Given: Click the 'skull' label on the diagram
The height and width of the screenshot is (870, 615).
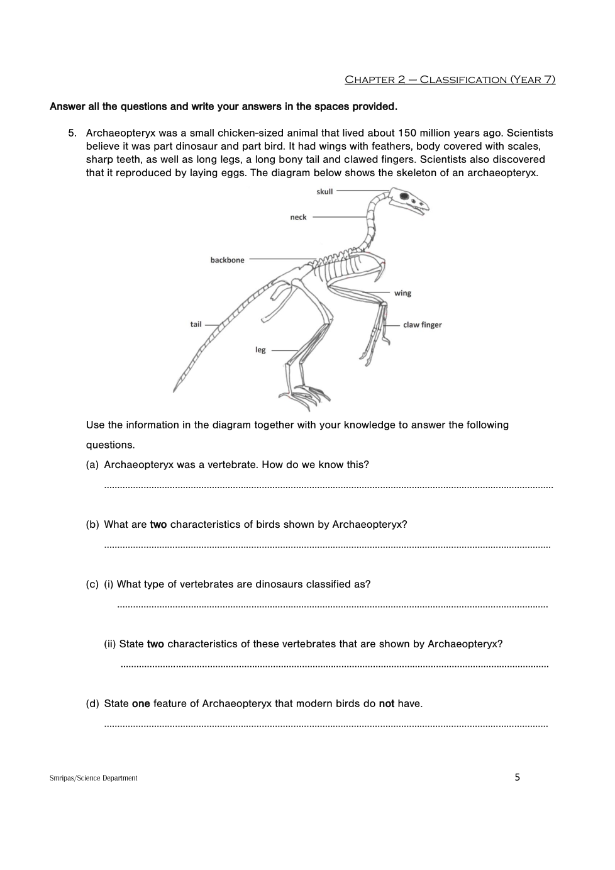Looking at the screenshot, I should pos(324,191).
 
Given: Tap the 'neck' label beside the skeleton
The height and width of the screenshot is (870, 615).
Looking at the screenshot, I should pos(298,217).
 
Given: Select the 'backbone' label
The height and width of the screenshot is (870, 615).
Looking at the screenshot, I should pos(227,260).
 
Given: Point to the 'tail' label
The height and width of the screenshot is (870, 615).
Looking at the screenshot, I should pos(196,324).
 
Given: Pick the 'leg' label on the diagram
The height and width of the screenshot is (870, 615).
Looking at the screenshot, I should pos(260,350).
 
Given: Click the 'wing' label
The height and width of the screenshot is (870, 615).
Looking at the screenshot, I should pos(402,293).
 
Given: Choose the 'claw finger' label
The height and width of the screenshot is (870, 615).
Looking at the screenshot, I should pos(422,325).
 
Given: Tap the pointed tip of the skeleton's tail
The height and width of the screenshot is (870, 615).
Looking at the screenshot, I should pos(174,391).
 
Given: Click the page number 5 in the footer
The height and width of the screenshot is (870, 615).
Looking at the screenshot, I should pos(517,777).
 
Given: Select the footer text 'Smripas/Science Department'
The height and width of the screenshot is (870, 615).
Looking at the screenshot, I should pos(93,778).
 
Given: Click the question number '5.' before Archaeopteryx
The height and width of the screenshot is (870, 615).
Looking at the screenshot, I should pos(73,133).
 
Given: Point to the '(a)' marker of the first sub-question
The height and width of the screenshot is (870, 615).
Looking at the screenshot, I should pos(92,464).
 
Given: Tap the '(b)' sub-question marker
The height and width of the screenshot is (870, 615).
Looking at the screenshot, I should pos(92,524).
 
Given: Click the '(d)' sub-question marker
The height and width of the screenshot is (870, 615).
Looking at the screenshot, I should pos(92,703).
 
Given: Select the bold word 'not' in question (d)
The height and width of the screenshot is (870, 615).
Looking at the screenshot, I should pos(386,703).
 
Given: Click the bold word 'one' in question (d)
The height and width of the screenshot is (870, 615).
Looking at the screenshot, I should pos(141,703).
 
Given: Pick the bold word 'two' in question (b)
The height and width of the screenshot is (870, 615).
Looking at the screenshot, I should pos(158,524).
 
